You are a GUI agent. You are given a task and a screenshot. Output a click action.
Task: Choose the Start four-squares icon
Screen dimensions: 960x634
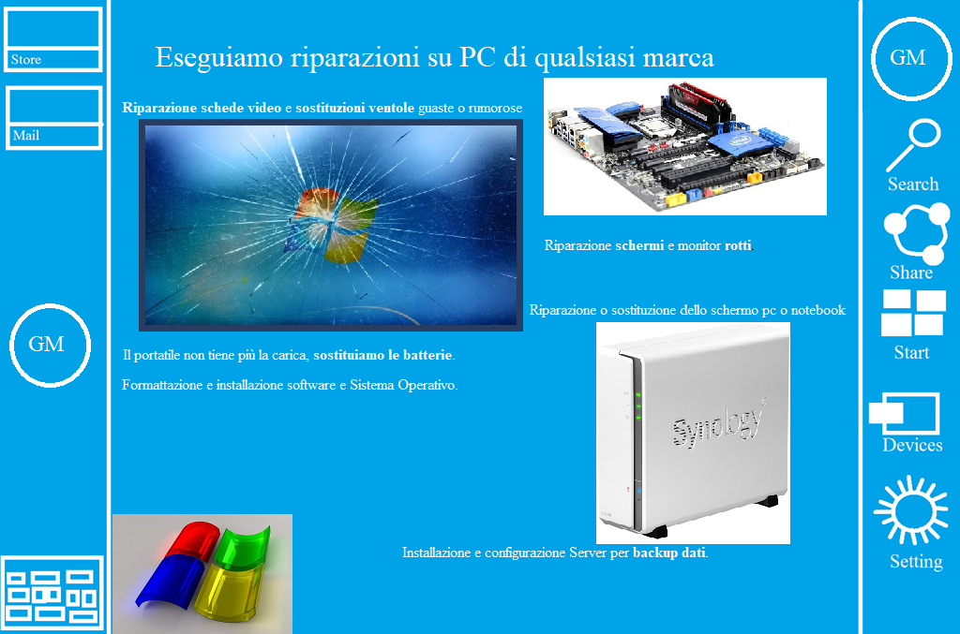pyautogui.click(x=913, y=313)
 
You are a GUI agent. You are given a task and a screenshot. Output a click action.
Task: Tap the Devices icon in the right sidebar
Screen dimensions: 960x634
pyautogui.click(x=904, y=413)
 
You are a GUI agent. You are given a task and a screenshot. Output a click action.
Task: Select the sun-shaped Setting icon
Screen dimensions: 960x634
pyautogui.click(x=911, y=509)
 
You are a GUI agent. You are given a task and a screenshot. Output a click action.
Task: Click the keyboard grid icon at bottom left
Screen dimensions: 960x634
pyautogui.click(x=52, y=593)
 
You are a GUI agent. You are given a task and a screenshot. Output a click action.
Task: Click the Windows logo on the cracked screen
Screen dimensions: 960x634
pyautogui.click(x=331, y=226)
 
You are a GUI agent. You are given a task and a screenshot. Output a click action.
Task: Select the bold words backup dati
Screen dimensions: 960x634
pyautogui.click(x=669, y=553)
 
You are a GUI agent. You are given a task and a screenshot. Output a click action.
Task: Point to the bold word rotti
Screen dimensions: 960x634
pyautogui.click(x=738, y=245)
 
